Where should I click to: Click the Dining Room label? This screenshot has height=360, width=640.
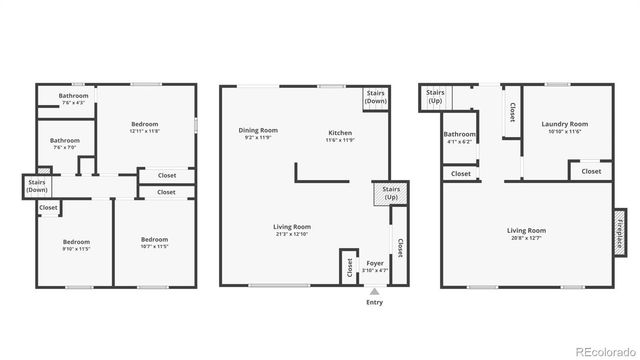pos(258,130)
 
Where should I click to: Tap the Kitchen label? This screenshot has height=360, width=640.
pos(340,132)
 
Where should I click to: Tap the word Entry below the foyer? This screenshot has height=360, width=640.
pos(374,302)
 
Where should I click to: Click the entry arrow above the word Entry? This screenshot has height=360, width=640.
pos(374,291)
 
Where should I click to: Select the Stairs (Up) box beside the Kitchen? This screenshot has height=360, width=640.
pos(385,193)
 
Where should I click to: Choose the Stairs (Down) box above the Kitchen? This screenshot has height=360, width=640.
pos(376,97)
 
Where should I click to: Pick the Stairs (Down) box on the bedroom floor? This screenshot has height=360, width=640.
pos(36,185)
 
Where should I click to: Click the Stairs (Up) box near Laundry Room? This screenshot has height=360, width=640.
pos(436,97)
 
